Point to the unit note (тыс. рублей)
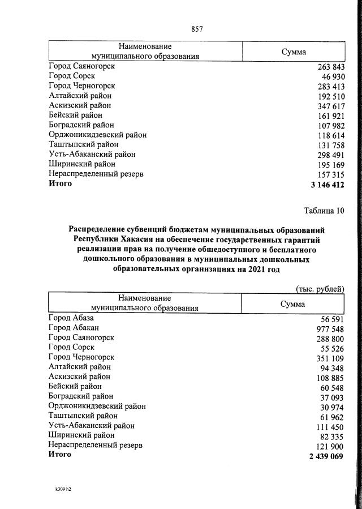[x=320, y=288]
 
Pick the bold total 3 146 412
[x=327, y=185]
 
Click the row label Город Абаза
[x=71, y=318]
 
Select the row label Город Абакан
[x=74, y=328]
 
